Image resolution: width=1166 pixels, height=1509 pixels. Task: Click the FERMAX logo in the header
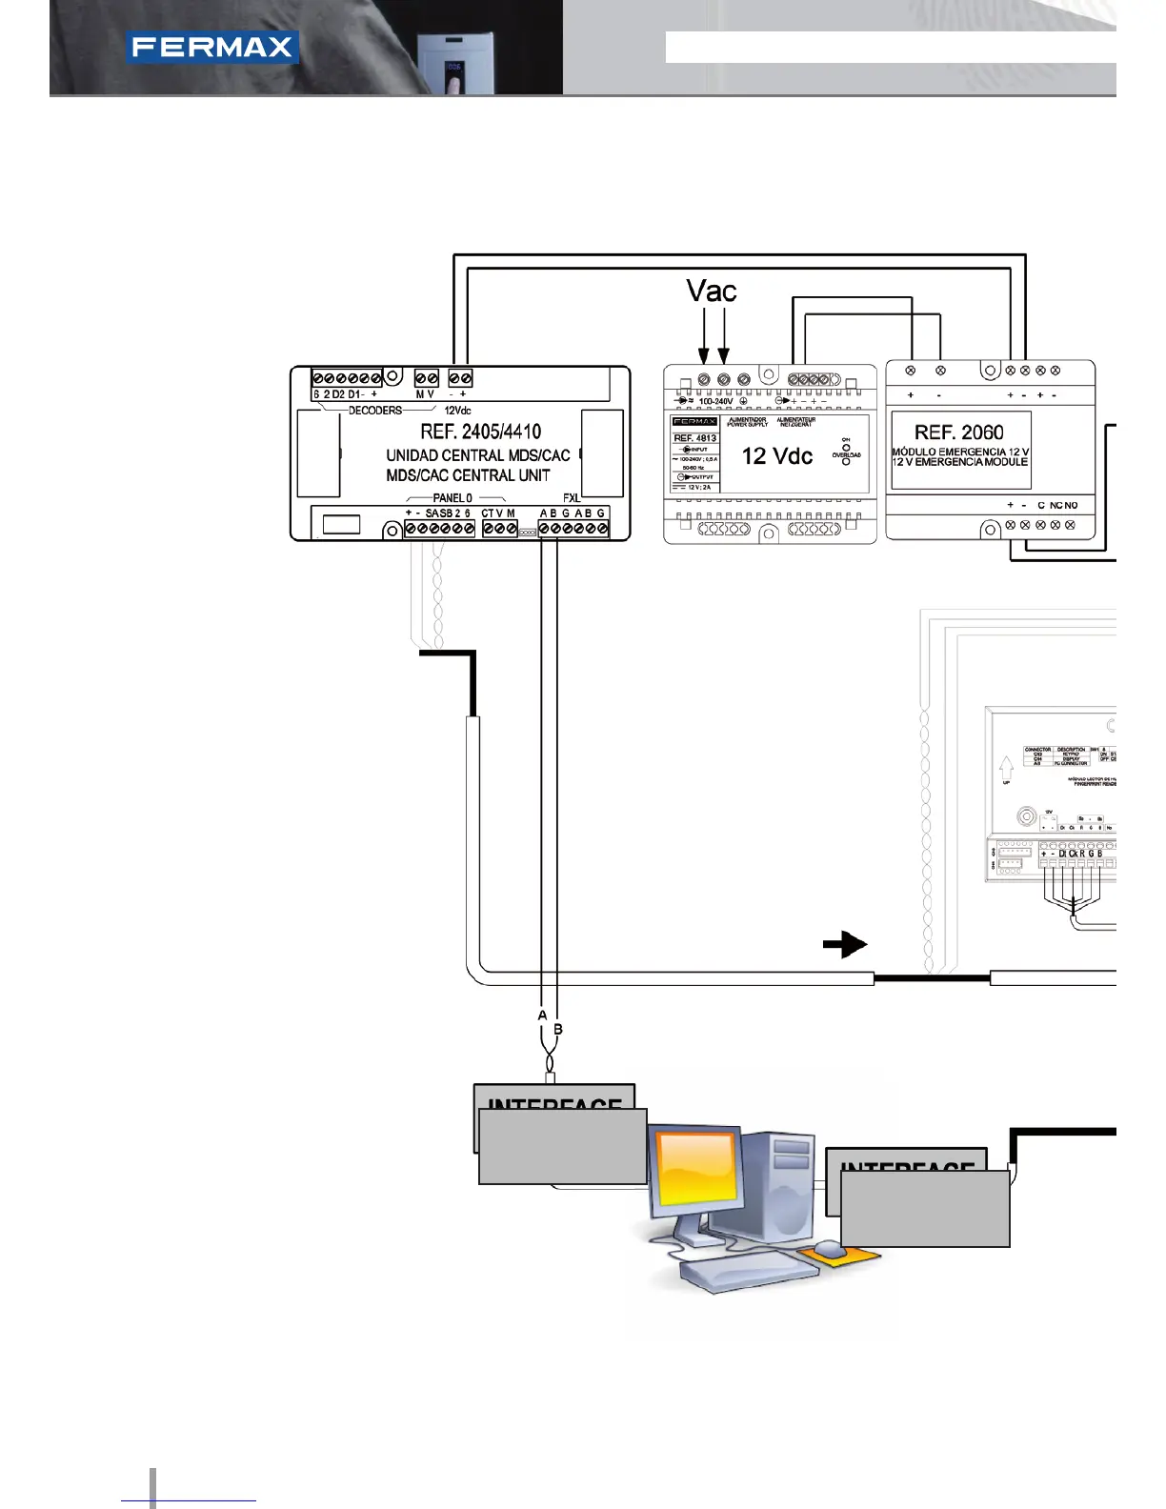[212, 48]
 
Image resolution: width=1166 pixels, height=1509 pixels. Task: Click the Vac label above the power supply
[712, 291]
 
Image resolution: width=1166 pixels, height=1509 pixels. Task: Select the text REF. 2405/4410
[480, 432]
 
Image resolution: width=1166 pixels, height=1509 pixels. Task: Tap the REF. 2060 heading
[958, 432]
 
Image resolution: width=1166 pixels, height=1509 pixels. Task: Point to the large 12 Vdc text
[777, 456]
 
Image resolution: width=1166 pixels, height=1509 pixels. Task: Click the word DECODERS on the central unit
[375, 411]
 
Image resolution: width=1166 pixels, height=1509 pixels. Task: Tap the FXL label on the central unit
[571, 498]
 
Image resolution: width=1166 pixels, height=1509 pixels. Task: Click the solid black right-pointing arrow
[845, 944]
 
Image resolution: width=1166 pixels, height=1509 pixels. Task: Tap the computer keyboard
[747, 1271]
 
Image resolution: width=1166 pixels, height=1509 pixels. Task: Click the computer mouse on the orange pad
[830, 1249]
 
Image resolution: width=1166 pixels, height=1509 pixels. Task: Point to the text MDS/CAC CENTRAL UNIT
[468, 475]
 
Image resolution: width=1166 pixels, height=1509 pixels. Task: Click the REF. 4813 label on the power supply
[695, 438]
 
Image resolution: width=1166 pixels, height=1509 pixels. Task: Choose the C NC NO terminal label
[1057, 506]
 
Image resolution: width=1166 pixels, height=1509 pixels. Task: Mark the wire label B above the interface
[558, 1029]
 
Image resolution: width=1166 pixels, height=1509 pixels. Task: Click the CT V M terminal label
[498, 513]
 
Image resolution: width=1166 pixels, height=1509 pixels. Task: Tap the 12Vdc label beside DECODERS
[457, 411]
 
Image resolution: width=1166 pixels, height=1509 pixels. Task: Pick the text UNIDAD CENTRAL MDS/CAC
[478, 455]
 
